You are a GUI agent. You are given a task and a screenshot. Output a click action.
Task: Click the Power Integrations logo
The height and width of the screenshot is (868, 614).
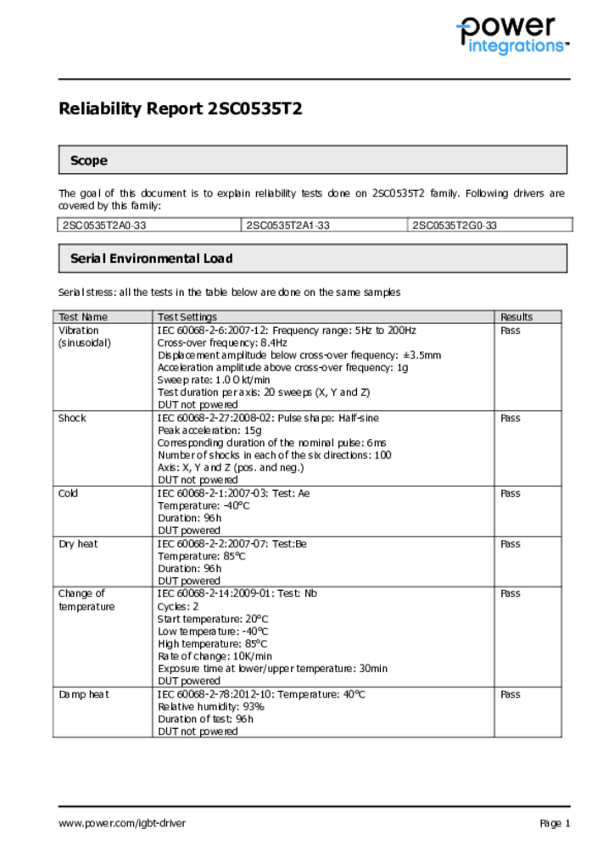(511, 36)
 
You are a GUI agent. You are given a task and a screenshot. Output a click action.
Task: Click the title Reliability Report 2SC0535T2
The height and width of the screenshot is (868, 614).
(180, 108)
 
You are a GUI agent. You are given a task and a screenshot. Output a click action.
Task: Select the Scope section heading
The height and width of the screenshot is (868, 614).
(89, 160)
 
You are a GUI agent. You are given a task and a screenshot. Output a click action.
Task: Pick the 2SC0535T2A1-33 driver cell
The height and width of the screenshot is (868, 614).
(287, 225)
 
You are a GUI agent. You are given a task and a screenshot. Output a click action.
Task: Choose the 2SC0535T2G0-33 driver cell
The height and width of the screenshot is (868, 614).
(455, 225)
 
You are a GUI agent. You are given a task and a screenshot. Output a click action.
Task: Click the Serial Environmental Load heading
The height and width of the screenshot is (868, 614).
(151, 259)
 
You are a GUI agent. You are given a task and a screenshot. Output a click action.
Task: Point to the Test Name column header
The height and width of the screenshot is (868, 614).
(83, 317)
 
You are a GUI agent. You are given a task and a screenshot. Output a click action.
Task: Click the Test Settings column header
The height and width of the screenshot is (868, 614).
(187, 317)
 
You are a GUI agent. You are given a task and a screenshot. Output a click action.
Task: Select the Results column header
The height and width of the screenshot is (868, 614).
(516, 317)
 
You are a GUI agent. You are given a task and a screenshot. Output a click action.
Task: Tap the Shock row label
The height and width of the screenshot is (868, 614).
(72, 418)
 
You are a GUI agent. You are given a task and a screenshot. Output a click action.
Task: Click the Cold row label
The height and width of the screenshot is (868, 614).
(68, 492)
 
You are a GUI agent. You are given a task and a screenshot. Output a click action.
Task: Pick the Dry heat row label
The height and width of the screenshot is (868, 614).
(78, 543)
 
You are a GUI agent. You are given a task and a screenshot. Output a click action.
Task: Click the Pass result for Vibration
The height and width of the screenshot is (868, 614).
(511, 331)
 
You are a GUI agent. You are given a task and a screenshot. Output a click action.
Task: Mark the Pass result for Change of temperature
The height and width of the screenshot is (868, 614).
(511, 593)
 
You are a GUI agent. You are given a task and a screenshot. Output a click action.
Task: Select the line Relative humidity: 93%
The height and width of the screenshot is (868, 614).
(211, 706)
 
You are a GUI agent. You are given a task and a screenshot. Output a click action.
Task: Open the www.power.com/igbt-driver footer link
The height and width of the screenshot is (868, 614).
(122, 823)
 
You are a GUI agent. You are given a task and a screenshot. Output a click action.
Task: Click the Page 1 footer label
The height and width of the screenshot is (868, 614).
(555, 823)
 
